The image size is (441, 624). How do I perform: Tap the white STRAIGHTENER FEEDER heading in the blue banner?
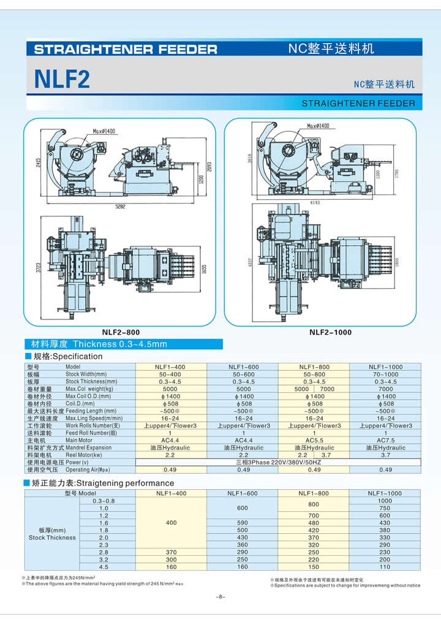[x=126, y=50]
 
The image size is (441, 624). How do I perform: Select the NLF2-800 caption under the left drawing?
[x=121, y=332]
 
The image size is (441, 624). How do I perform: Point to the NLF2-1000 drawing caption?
[x=330, y=332]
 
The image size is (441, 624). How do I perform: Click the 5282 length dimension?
[x=120, y=207]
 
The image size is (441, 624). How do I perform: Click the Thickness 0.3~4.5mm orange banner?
[x=95, y=344]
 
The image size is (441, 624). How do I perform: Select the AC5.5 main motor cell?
[x=314, y=440]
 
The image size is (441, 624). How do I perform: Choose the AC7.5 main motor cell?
[x=385, y=440]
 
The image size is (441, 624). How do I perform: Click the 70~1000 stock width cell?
[x=385, y=374]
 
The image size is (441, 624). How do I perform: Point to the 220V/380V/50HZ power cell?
[x=279, y=462]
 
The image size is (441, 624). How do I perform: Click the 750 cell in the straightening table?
[x=385, y=508]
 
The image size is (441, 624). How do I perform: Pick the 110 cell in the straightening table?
[x=385, y=567]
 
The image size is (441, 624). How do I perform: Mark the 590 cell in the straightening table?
[x=243, y=523]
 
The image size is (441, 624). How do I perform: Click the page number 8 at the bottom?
[x=221, y=596]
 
